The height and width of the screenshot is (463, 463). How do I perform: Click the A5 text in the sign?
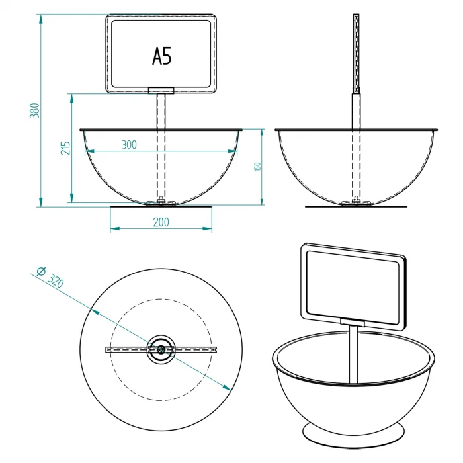point(162,56)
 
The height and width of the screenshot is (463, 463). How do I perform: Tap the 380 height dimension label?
point(34,110)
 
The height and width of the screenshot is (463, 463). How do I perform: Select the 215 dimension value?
point(65,148)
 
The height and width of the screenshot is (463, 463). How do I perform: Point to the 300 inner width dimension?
point(130,145)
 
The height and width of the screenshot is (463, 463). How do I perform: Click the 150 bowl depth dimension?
point(257,166)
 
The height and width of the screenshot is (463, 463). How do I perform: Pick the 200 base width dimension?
point(161,222)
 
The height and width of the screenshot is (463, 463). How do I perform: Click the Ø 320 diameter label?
point(50,277)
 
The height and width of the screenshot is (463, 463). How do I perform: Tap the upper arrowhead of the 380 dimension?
point(41,19)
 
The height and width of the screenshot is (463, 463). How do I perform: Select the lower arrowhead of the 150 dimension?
point(262,200)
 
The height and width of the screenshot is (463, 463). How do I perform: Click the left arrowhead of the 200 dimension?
point(115,228)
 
